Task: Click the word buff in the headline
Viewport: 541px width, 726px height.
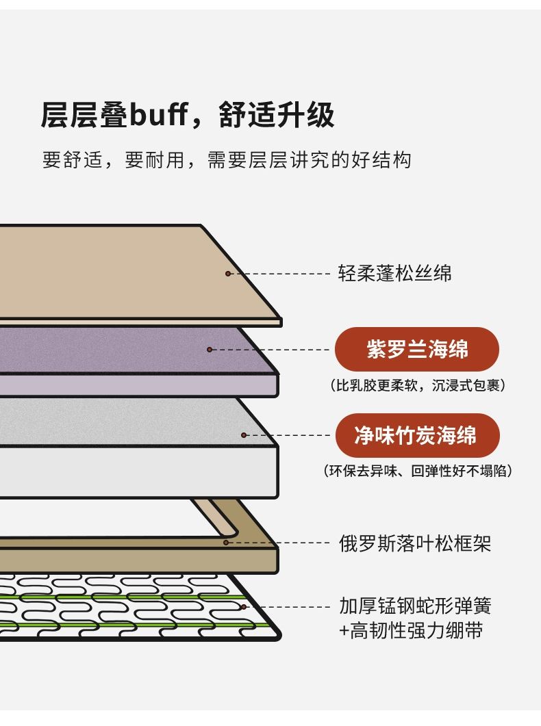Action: click(x=158, y=114)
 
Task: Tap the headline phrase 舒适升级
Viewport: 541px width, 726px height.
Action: click(x=277, y=115)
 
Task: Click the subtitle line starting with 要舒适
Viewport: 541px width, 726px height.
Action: click(x=227, y=159)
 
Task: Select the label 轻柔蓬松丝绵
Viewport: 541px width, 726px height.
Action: click(x=394, y=273)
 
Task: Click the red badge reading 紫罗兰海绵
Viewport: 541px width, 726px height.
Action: click(x=417, y=349)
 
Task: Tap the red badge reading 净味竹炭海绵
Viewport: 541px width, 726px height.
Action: click(x=417, y=435)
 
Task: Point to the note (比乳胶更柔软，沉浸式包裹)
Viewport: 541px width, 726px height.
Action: click(x=418, y=385)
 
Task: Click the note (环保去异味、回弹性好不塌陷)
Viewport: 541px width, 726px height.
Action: click(x=418, y=471)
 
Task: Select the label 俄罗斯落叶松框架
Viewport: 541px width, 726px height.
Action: click(x=415, y=543)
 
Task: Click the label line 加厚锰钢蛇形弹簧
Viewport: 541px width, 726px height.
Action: click(x=416, y=606)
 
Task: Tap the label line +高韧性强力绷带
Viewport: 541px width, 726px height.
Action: click(x=412, y=630)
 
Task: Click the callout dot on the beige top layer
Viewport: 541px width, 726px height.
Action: click(x=228, y=274)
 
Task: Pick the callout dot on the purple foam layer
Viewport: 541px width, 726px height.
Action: click(x=210, y=350)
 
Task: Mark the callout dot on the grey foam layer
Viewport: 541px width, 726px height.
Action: click(x=244, y=435)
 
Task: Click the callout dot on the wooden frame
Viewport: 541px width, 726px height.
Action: click(x=226, y=543)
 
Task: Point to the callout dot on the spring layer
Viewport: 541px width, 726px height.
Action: click(x=244, y=606)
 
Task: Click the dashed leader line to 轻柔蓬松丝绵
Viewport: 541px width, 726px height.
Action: click(x=279, y=274)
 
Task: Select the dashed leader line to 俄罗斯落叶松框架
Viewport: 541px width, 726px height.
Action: click(x=278, y=543)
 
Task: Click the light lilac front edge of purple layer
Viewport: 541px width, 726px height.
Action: click(x=138, y=385)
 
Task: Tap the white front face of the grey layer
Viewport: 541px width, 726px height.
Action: click(x=138, y=472)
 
